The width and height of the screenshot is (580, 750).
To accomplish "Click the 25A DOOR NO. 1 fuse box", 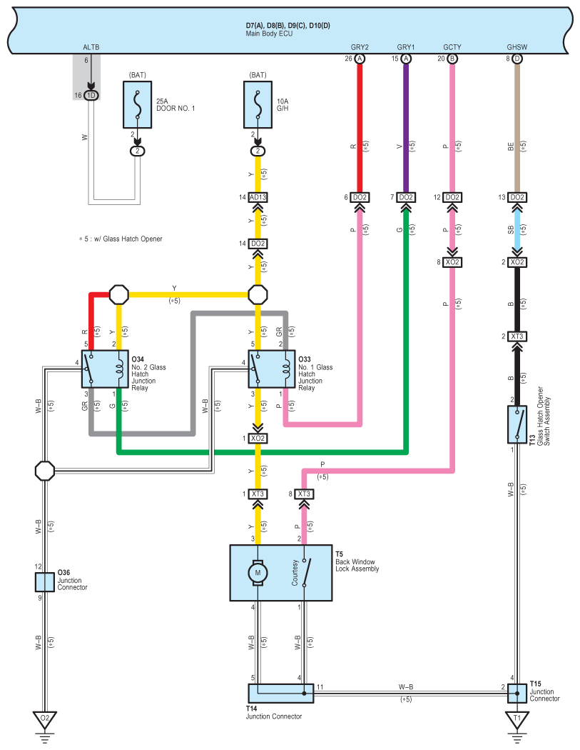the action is point(138,105).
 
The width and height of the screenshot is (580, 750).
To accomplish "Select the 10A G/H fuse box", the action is point(258,105).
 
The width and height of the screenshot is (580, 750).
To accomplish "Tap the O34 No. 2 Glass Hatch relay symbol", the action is point(106,369).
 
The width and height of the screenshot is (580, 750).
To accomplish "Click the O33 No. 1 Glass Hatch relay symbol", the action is point(272,369).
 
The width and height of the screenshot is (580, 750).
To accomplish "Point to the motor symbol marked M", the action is point(258,573).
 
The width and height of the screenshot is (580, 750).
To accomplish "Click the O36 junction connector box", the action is point(44,582).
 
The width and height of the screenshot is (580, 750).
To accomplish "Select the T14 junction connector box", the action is point(281,693).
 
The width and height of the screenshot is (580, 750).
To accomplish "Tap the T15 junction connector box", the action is point(517,693).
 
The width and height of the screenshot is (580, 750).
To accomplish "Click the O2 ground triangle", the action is point(44,719).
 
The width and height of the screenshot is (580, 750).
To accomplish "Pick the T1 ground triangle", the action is point(517,719).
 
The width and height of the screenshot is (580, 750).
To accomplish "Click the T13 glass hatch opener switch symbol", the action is point(517,425).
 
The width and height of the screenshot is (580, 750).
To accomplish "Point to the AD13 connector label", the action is point(258,197).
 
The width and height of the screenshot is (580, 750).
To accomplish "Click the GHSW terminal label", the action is point(517,47).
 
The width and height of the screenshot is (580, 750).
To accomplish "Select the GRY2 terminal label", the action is point(360,47).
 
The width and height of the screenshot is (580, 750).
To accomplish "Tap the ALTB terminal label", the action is point(91,47).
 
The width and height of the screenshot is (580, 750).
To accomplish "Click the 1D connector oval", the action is point(91,95).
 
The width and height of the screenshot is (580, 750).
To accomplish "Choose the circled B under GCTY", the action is point(452,59).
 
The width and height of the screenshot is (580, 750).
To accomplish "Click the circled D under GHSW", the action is point(517,59).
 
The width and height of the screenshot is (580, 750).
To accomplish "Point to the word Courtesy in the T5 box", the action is point(295,573).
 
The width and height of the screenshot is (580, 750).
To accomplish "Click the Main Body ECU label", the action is point(269,34).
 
